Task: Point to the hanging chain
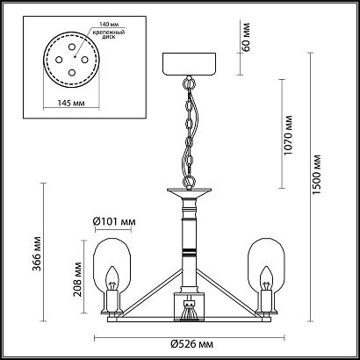point(189,132)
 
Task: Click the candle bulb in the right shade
point(265,281)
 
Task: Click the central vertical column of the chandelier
point(187,237)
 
